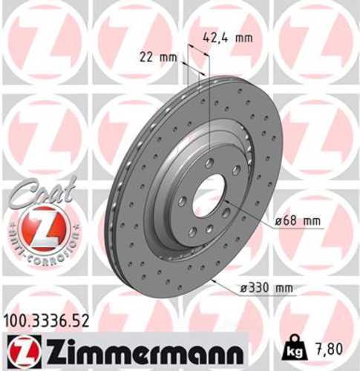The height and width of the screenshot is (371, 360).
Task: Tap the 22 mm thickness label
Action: point(153,55)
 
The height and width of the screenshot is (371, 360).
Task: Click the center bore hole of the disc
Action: point(210,194)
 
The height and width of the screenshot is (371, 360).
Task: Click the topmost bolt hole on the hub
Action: point(209,162)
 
